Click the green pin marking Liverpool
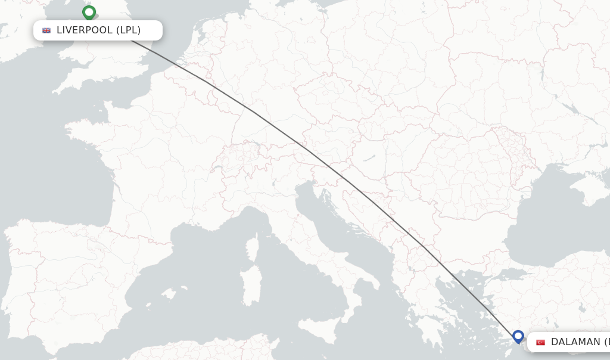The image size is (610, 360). click(89, 13)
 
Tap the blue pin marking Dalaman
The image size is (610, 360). click(518, 337)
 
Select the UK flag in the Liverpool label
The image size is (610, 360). click(46, 30)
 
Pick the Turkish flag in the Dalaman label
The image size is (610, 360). click(540, 342)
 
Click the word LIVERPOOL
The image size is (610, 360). click(84, 30)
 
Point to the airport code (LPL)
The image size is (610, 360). click(128, 30)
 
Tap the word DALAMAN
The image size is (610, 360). click(575, 342)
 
